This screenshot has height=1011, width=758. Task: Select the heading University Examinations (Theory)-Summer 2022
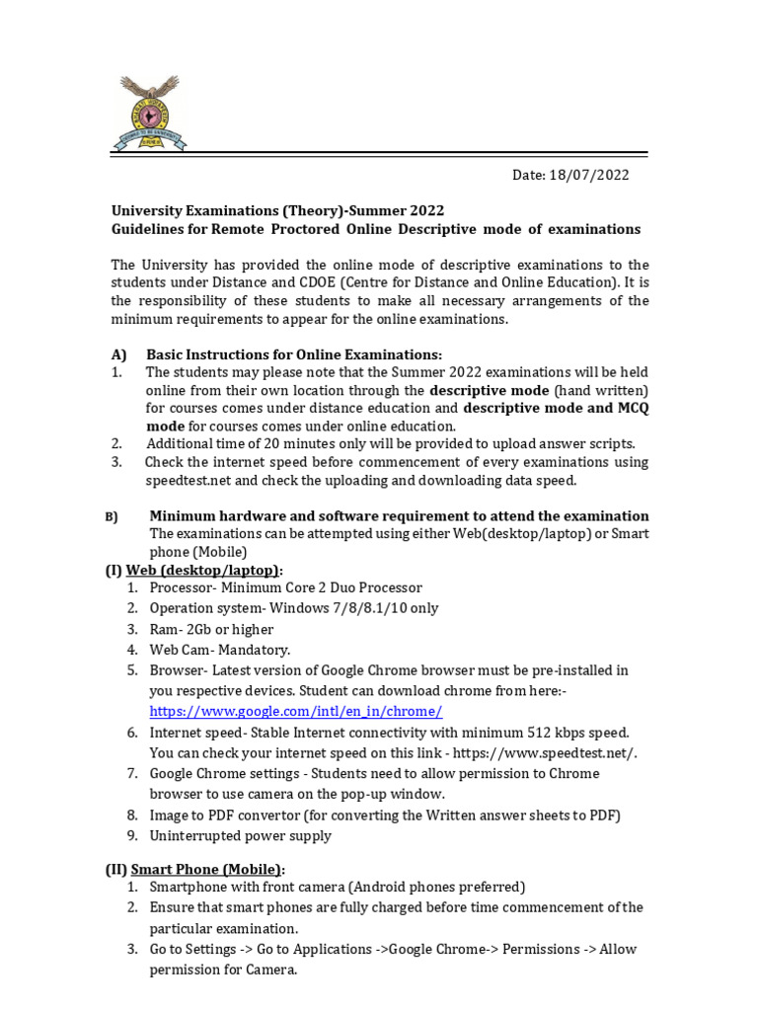(277, 210)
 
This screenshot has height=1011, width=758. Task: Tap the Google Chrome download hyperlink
(295, 711)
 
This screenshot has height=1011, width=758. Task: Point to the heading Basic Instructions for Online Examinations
(294, 354)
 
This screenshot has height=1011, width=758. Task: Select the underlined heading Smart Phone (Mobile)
(206, 869)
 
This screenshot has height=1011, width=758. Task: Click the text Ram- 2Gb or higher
(211, 629)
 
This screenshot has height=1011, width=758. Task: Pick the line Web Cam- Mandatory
(220, 650)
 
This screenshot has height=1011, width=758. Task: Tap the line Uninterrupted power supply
(240, 835)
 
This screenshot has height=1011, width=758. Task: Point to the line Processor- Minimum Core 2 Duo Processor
(285, 587)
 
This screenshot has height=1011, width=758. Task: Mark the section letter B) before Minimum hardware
(112, 517)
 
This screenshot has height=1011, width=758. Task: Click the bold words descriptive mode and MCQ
(556, 408)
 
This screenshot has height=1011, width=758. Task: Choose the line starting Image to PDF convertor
(384, 815)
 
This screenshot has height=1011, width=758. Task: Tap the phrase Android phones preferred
(442, 887)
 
